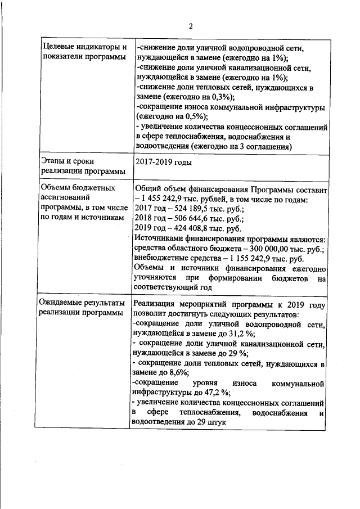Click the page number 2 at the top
(x=190, y=26)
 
